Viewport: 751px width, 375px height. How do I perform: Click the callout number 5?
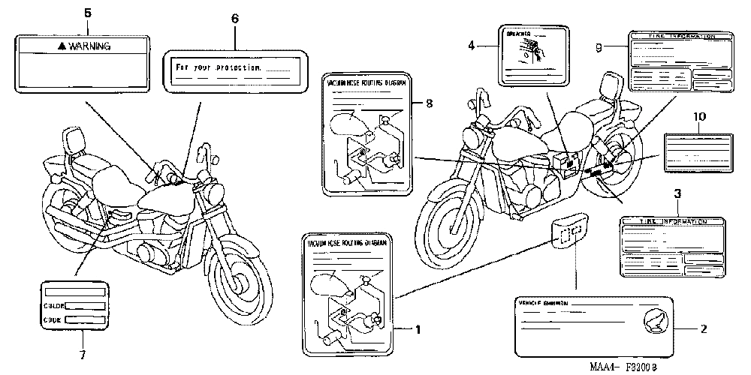tap(87, 13)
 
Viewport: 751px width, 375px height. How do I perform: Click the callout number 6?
tap(234, 18)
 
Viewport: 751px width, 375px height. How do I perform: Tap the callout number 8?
tap(428, 104)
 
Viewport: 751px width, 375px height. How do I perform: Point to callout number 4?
tap(472, 46)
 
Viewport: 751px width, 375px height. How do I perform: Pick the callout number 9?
tap(599, 49)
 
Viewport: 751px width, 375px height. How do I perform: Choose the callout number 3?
tap(677, 193)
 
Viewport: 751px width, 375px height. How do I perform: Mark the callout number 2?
tap(703, 328)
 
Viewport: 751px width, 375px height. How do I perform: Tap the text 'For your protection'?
tap(219, 67)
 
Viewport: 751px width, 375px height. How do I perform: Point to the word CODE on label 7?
tap(52, 320)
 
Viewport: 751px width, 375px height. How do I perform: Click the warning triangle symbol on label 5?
tap(62, 46)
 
